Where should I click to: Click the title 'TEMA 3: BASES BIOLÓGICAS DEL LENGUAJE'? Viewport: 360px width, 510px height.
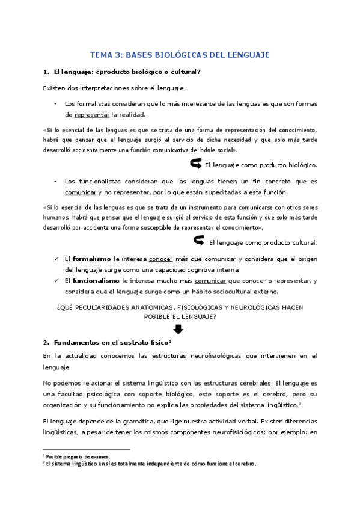point(180,55)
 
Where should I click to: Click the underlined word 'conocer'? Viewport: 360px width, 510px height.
point(160,259)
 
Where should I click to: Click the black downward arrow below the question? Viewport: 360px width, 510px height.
point(178,330)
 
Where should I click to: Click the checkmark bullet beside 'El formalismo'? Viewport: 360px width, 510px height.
point(55,259)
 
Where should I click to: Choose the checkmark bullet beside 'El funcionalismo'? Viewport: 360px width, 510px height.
point(55,281)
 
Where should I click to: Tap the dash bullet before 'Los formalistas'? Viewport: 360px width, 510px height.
point(55,103)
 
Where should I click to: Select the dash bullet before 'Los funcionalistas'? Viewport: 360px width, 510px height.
point(55,181)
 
